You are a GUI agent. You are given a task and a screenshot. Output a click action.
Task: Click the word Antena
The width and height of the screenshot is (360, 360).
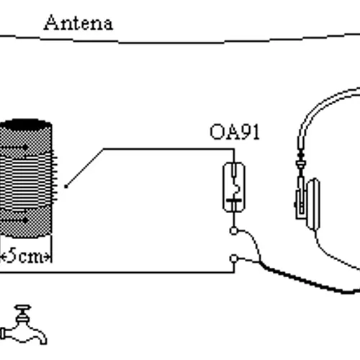78,23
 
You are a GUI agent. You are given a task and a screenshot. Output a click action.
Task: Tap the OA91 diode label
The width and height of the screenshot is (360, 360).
235,132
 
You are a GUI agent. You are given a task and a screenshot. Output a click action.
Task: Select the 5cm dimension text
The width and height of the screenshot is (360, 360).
26,256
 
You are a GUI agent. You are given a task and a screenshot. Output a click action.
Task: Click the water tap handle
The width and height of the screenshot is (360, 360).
23,307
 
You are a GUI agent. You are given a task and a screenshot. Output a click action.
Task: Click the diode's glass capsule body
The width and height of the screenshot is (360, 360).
234,187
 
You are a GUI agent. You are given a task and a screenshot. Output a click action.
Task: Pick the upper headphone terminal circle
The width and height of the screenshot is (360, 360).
233,231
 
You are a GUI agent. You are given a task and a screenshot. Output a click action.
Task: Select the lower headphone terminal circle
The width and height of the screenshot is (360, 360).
233,258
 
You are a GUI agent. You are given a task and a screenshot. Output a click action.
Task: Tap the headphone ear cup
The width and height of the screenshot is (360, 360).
313,204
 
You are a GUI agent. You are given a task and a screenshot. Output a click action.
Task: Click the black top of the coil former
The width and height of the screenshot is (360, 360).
26,125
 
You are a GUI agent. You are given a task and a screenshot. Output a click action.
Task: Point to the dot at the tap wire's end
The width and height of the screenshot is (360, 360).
66,186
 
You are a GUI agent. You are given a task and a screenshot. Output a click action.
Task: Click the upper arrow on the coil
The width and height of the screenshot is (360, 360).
14,148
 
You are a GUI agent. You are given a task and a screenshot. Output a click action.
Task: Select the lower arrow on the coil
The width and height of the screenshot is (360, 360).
14,220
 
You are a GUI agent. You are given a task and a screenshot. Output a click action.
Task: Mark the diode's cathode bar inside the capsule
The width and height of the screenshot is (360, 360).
234,200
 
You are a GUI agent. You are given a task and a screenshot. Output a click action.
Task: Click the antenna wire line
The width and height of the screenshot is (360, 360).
180,42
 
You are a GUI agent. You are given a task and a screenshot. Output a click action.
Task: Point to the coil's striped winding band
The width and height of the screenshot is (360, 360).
27,179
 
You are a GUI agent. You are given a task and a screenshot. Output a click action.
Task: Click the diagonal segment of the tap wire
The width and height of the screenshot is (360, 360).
84,168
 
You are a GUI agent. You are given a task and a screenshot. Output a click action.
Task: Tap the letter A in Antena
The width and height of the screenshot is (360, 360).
51,22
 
